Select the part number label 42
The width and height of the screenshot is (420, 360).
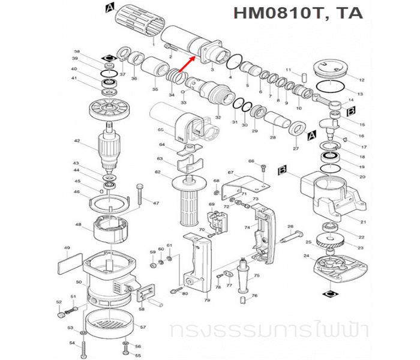(77, 141)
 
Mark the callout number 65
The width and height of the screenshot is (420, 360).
(160, 130)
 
